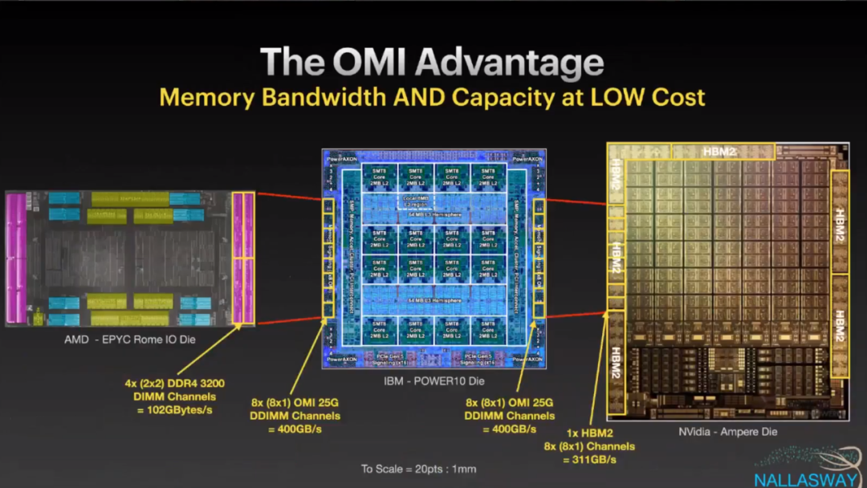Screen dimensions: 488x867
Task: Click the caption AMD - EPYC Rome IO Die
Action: tap(130, 340)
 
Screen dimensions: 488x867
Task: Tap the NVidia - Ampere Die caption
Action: tap(727, 432)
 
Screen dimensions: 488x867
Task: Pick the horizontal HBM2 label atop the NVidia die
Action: tap(722, 151)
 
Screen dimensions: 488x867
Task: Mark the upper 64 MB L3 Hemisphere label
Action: tap(434, 214)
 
